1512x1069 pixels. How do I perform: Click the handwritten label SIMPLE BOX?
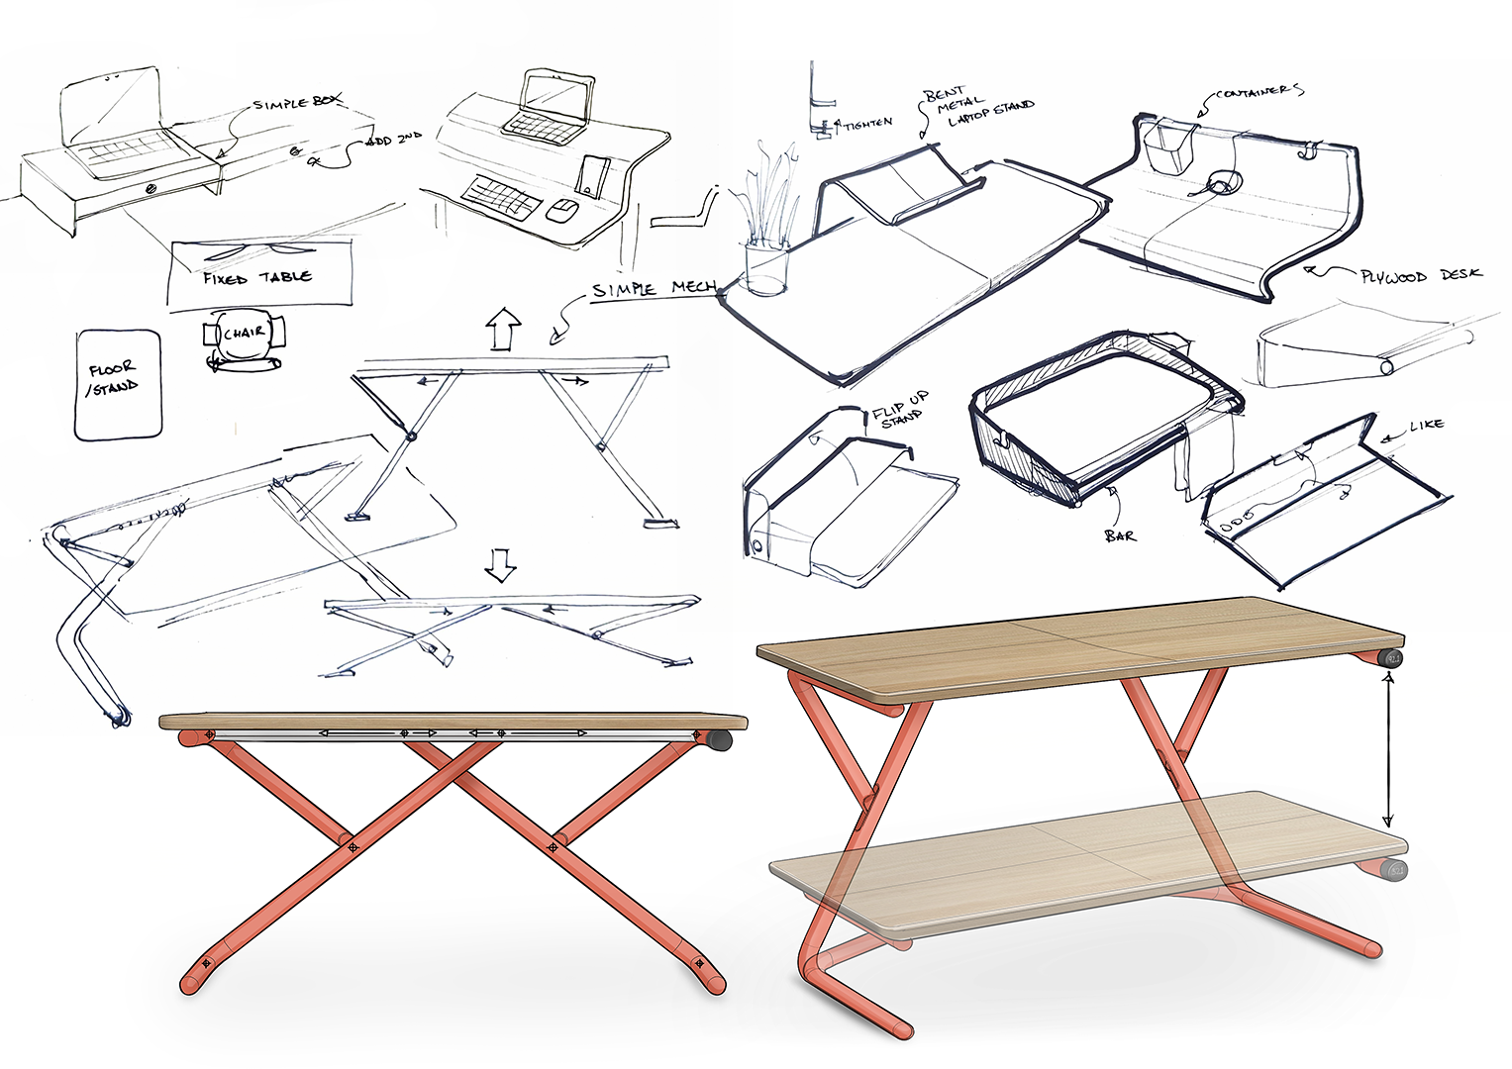pos(297,102)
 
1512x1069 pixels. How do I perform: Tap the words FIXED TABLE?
pos(257,277)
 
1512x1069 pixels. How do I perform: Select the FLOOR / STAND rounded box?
pos(118,383)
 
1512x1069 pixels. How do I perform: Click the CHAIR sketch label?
pos(244,333)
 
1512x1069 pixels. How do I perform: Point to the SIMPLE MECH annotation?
pos(654,288)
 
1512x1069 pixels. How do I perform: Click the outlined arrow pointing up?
pos(504,329)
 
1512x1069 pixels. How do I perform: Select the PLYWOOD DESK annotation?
pos(1420,276)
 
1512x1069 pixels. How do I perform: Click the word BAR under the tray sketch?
pos(1120,535)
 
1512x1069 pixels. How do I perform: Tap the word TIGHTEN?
pos(867,124)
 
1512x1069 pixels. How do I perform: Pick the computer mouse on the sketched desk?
pos(562,211)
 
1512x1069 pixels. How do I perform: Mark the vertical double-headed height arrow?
pos(1387,748)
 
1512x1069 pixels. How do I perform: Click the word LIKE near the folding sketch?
pos(1426,425)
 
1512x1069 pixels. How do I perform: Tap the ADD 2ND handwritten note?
pos(394,141)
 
